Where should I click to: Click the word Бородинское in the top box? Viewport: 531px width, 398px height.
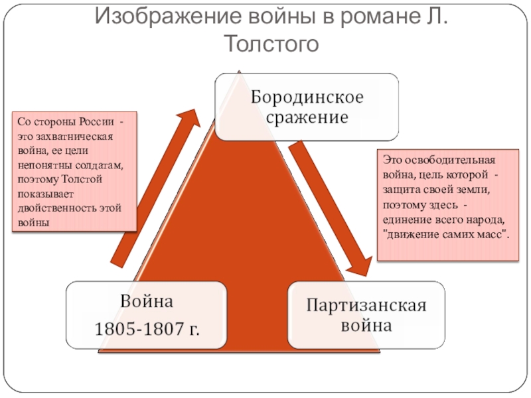(x=307, y=98)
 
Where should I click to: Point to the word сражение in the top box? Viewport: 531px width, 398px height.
(x=307, y=119)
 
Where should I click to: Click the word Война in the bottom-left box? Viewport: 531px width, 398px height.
(x=146, y=302)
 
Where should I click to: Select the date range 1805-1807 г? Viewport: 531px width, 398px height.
(x=147, y=328)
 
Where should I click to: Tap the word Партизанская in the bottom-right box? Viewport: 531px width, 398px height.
(x=365, y=306)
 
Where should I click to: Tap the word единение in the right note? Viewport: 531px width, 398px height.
(x=408, y=220)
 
